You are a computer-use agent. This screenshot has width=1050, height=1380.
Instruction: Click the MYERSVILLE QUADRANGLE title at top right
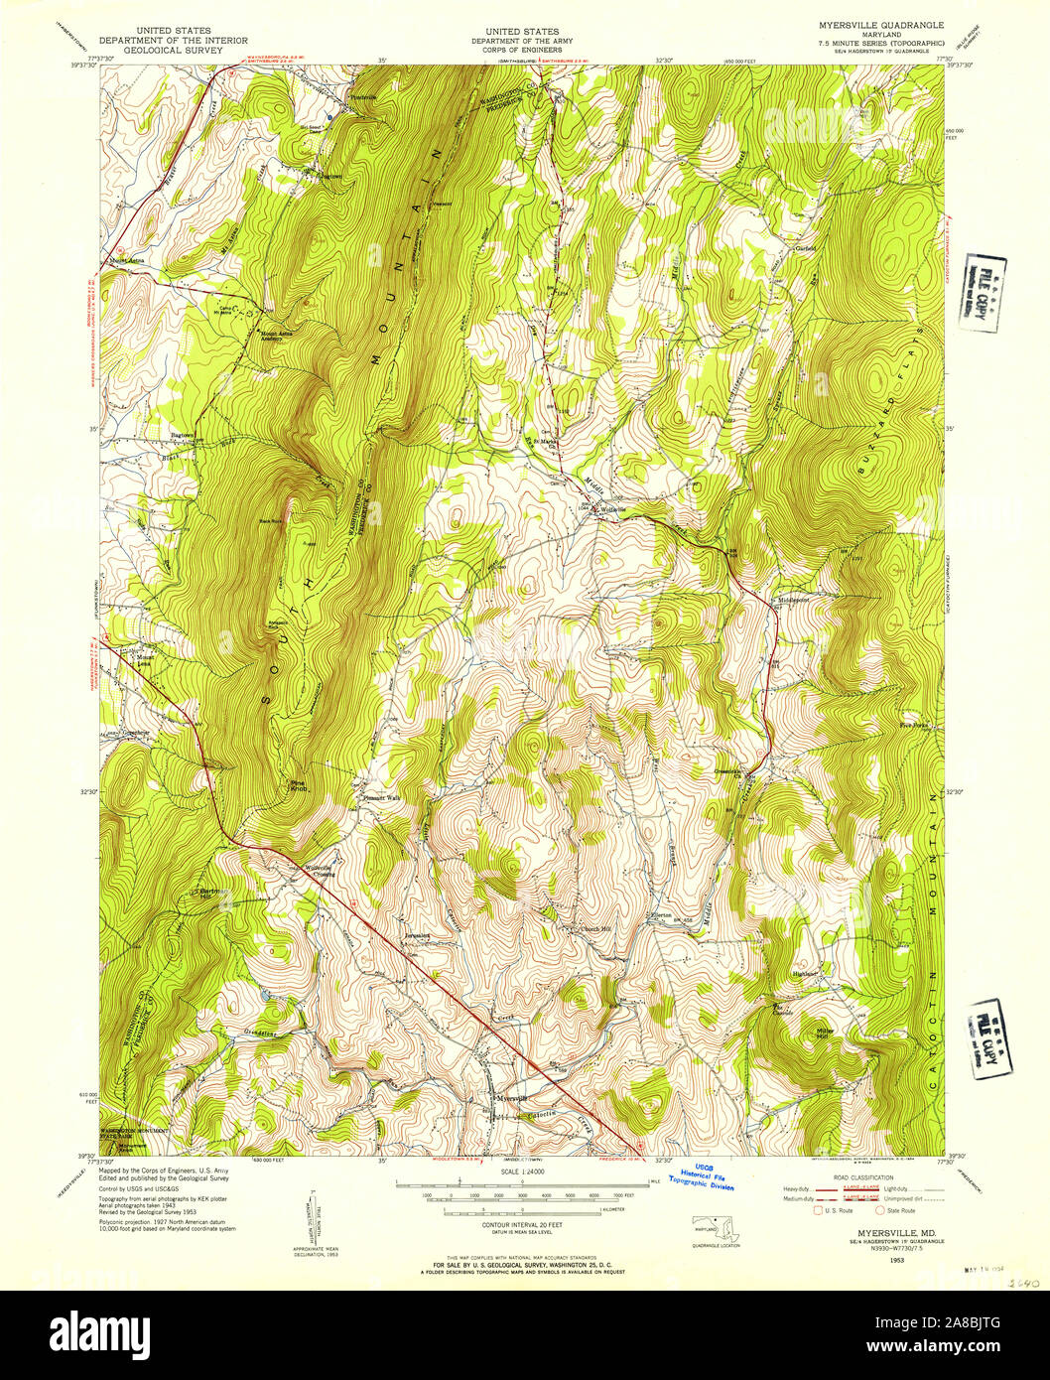point(894,24)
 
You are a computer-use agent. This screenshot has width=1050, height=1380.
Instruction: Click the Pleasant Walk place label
point(381,797)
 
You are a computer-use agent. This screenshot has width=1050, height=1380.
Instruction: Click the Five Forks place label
point(911,726)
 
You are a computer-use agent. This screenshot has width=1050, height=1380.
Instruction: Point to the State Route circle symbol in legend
point(879,1210)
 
